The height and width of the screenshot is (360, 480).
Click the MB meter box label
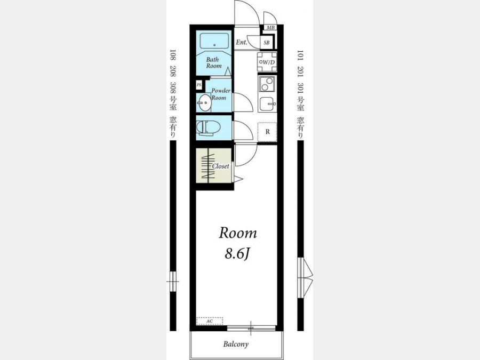coord(270,28)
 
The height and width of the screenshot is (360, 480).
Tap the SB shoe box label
coord(267,43)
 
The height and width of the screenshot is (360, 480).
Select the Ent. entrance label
coord(241,42)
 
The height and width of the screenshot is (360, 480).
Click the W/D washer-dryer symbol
coord(267,62)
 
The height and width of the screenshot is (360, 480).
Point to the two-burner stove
coord(267,84)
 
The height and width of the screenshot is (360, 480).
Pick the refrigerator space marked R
coord(267,132)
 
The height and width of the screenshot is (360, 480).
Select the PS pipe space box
coord(199,85)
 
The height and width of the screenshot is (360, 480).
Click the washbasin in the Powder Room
coord(204,103)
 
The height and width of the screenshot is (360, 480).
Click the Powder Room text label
coord(221,94)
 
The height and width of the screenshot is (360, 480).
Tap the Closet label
coord(220,166)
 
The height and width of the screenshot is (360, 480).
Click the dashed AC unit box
coord(210,321)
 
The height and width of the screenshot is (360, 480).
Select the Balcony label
coord(236,344)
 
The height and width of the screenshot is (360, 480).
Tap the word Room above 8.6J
coord(238,233)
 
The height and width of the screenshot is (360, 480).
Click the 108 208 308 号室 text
coord(173,80)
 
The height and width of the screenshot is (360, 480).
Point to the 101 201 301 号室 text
coord(301,80)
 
